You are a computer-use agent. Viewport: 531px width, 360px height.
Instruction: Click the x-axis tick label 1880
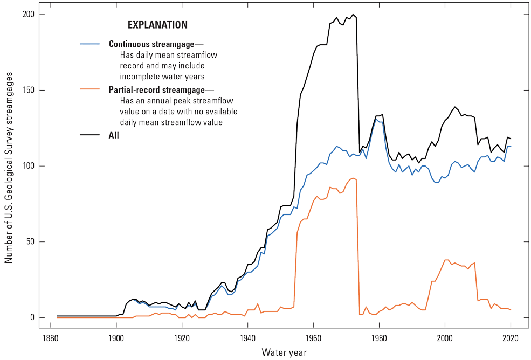(x=50, y=338)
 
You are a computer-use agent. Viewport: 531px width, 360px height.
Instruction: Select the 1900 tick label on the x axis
(x=116, y=338)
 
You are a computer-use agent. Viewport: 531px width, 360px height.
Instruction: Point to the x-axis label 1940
(x=247, y=338)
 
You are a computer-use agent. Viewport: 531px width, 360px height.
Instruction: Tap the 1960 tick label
(x=313, y=338)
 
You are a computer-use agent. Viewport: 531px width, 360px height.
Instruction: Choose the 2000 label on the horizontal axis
(x=445, y=338)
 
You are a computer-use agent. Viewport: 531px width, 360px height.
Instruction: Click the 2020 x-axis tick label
(x=511, y=338)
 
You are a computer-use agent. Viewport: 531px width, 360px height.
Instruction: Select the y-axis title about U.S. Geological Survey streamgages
(x=9, y=166)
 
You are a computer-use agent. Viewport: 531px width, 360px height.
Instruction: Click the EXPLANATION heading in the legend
(x=157, y=25)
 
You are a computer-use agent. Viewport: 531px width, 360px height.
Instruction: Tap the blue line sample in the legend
(x=90, y=44)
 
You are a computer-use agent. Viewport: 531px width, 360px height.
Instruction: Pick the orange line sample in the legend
(x=90, y=89)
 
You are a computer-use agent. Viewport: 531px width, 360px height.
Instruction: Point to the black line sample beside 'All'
(x=90, y=135)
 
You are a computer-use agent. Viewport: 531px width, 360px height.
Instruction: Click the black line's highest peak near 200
(x=353, y=15)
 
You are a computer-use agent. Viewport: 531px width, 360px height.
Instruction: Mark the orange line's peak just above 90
(x=353, y=178)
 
